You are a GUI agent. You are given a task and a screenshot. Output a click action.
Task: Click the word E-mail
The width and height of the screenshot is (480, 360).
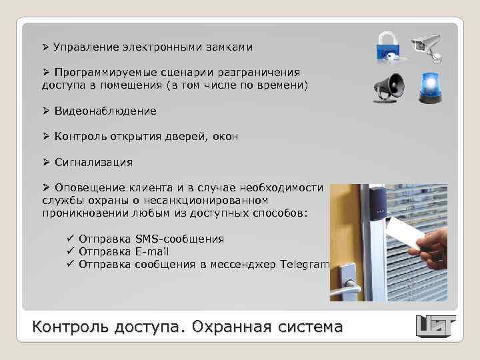pos(151,251)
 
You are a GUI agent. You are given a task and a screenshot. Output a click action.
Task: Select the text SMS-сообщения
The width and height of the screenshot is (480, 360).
pos(179,239)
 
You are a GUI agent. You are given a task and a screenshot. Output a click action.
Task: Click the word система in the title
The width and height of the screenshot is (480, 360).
pos(313,327)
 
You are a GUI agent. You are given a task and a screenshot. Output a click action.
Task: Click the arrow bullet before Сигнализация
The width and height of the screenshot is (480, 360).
pos(46,162)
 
